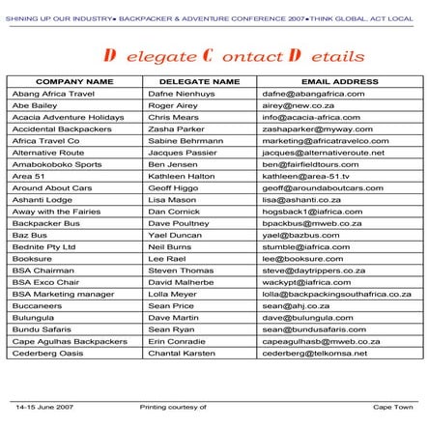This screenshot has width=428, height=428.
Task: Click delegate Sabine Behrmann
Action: point(185,141)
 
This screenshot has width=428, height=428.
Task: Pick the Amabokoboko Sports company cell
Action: point(56,164)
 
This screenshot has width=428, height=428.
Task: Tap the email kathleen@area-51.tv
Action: point(305,176)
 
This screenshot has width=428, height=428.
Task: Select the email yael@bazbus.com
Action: point(300,235)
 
